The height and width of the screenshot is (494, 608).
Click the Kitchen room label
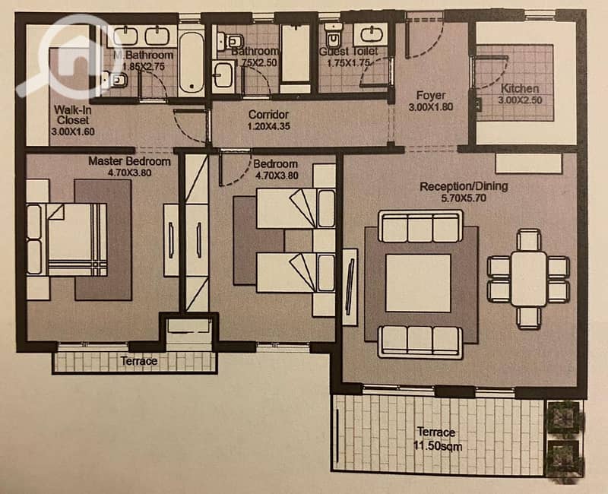click(x=520, y=88)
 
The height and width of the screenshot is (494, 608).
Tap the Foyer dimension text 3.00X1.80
click(x=430, y=107)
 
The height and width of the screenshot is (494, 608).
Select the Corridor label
click(x=268, y=115)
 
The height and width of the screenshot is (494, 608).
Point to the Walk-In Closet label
click(x=73, y=115)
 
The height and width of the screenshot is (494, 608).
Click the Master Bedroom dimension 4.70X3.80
click(x=129, y=173)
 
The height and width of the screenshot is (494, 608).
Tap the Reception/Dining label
click(x=464, y=186)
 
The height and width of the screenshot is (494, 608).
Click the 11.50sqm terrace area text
click(x=438, y=447)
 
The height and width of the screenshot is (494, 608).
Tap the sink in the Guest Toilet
click(x=371, y=34)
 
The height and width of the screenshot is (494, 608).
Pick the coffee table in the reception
click(x=418, y=283)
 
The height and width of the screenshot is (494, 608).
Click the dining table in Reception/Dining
click(x=528, y=279)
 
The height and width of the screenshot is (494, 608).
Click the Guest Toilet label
click(x=348, y=52)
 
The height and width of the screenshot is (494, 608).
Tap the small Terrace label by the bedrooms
click(x=139, y=362)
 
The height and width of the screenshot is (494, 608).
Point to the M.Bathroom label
click(x=143, y=55)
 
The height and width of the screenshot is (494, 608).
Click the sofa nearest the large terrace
click(x=420, y=342)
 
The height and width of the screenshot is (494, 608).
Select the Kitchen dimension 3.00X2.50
click(x=520, y=100)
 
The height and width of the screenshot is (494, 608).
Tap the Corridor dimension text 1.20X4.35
click(x=268, y=126)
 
